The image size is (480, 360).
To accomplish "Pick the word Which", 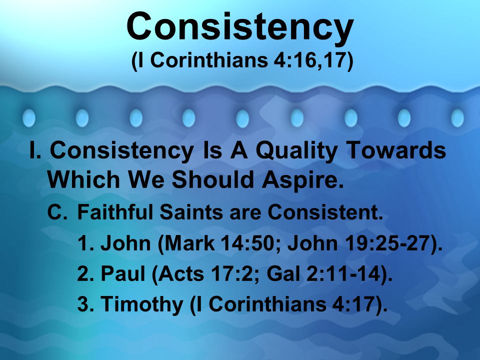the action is pos(83,179).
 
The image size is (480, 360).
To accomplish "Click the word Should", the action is pos(213,179).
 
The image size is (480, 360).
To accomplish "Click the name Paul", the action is pos(123,273).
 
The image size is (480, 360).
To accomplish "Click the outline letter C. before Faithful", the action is pos(56,212).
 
